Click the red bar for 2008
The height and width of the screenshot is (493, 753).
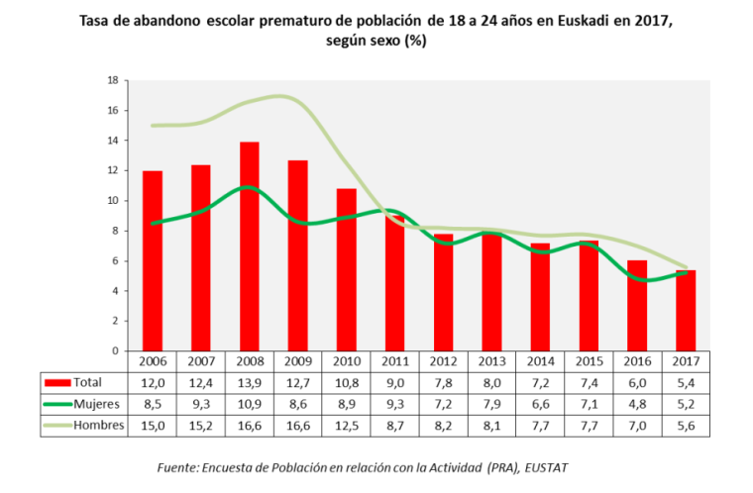coord(250,246)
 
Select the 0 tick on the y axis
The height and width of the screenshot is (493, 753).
coord(116,350)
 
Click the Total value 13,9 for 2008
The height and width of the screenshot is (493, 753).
coord(250,382)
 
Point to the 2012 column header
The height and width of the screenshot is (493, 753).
coord(444,361)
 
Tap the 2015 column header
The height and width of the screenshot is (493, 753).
coord(590,361)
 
